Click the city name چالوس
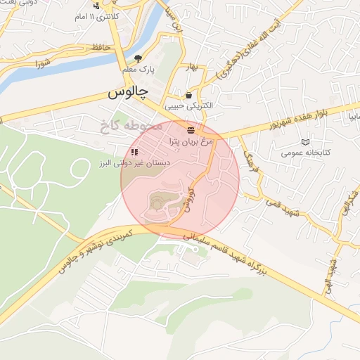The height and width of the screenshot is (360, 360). [x=127, y=93]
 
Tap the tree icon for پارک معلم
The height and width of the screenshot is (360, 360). [x=138, y=58]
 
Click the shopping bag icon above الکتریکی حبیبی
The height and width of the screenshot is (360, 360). [x=188, y=95]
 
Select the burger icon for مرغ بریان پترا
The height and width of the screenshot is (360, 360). [x=191, y=130]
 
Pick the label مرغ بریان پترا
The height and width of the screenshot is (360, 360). [x=191, y=141]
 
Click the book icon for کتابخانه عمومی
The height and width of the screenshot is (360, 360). [x=304, y=141]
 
